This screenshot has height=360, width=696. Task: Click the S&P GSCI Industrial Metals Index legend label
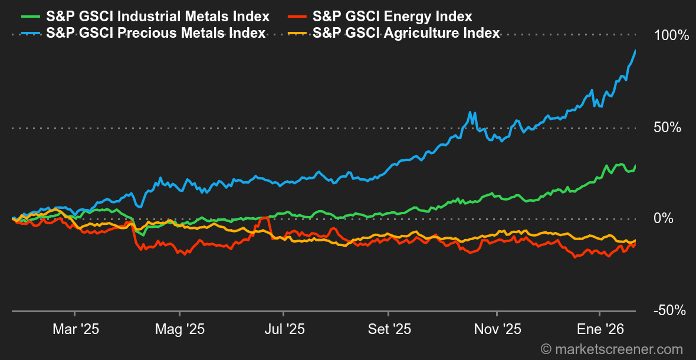[x=157, y=17]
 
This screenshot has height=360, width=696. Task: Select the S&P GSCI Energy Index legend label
[x=392, y=17]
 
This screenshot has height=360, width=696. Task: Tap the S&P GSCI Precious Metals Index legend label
[x=156, y=33]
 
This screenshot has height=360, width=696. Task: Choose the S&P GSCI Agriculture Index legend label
[x=406, y=33]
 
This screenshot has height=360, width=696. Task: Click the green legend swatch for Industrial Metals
[x=29, y=17]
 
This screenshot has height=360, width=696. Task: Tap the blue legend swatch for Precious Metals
[x=29, y=33]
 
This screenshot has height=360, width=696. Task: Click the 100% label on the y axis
[x=671, y=36]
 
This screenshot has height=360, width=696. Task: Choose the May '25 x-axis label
[x=179, y=329]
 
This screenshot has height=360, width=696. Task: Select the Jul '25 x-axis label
[x=284, y=329]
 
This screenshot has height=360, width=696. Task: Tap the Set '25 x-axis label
[x=389, y=329]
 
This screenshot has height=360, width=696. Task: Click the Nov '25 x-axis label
[x=497, y=329]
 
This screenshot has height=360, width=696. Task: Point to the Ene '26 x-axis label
[x=600, y=329]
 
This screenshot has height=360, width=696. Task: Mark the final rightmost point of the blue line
[x=635, y=51]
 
